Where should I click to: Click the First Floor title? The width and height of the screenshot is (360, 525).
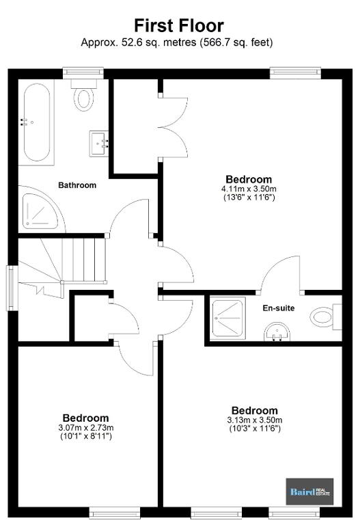click(x=179, y=26)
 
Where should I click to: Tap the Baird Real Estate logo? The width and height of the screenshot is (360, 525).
click(x=309, y=492)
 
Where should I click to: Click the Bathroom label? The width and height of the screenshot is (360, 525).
click(x=77, y=185)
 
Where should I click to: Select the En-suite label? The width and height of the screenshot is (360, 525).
click(x=279, y=308)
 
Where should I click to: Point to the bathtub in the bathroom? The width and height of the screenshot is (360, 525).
click(x=37, y=122)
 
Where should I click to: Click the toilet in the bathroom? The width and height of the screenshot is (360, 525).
click(x=83, y=95)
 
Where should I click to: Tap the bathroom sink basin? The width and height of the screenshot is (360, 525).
click(x=99, y=144)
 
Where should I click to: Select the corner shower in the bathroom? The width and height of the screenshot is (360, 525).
click(x=40, y=211)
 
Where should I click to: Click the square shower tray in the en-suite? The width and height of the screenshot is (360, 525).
click(x=229, y=318)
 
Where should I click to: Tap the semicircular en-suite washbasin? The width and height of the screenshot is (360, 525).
click(x=277, y=332)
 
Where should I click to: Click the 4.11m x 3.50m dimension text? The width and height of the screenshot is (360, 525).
click(x=249, y=189)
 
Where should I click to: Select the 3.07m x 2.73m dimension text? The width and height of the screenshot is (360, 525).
click(x=85, y=427)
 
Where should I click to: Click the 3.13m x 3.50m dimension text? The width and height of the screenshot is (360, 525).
click(x=255, y=420)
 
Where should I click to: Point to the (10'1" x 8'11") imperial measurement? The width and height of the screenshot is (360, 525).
click(x=85, y=436)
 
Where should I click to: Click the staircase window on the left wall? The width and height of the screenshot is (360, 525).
click(x=13, y=288)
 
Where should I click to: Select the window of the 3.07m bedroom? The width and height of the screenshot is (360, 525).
click(x=115, y=513)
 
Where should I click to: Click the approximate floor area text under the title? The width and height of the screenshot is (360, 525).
click(x=177, y=43)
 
